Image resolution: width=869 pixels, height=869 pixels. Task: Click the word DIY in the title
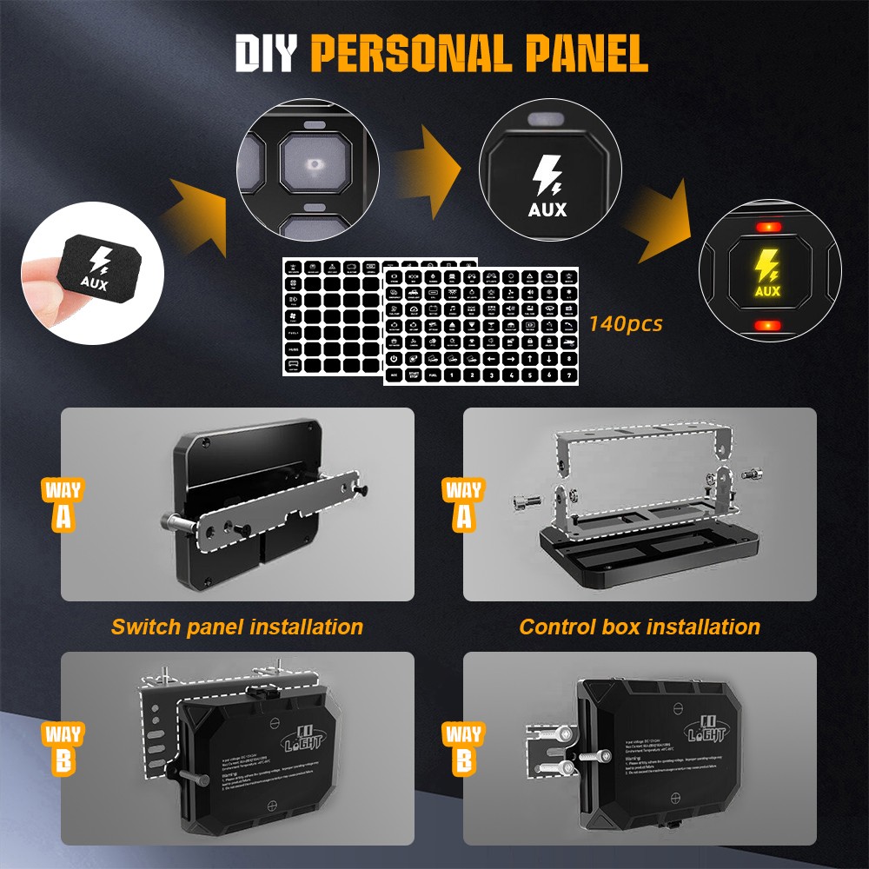pyautogui.click(x=267, y=53)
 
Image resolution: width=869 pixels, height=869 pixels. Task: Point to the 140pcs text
pyautogui.click(x=626, y=324)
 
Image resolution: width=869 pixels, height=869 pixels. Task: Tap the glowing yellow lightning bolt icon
pyautogui.click(x=766, y=263)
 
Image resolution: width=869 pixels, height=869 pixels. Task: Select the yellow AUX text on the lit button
pyautogui.click(x=767, y=291)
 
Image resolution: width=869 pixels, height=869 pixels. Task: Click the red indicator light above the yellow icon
pyautogui.click(x=766, y=227)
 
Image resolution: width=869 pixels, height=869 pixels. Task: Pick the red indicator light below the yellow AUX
pyautogui.click(x=766, y=325)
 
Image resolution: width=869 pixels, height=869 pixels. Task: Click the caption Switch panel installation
pyautogui.click(x=236, y=627)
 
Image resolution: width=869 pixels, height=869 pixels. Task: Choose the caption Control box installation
pyautogui.click(x=640, y=627)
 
